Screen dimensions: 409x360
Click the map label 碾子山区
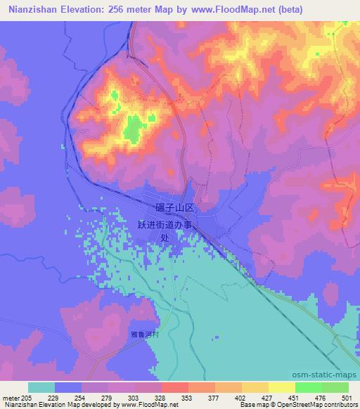click(x=179, y=208)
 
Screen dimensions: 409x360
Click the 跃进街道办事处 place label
click(x=169, y=229)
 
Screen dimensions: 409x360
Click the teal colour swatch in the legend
click(x=41, y=387)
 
